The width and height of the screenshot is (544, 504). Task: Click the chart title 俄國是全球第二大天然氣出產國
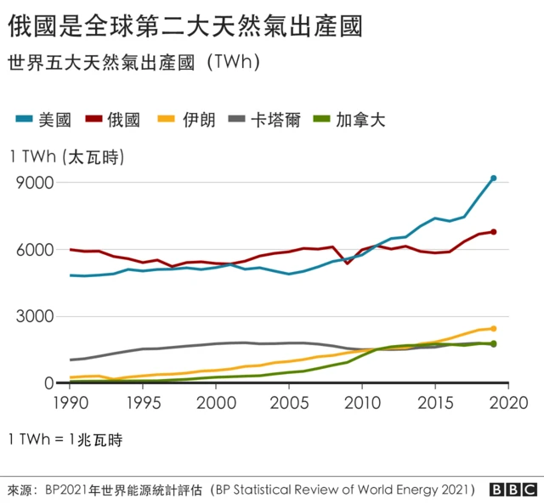click(185, 26)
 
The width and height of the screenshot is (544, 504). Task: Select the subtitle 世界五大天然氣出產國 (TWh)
click(133, 64)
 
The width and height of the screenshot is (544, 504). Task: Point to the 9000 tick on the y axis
click(37, 183)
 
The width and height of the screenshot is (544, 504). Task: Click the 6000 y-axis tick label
click(37, 250)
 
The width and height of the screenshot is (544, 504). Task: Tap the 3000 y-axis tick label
click(37, 316)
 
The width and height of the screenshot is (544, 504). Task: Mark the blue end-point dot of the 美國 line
click(493, 178)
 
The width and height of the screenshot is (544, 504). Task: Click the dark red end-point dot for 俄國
click(493, 232)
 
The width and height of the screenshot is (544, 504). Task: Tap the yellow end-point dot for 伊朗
click(493, 328)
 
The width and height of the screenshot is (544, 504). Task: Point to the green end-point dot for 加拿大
click(493, 343)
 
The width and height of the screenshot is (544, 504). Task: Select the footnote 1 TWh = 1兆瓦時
click(65, 440)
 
